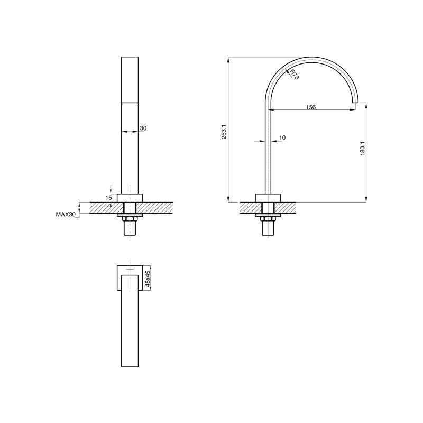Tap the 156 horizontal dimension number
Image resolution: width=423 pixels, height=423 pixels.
click(311, 107)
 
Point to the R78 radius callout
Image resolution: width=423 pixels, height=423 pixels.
click(294, 75)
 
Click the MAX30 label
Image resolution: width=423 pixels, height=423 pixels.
click(66, 215)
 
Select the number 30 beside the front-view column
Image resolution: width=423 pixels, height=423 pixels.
click(143, 128)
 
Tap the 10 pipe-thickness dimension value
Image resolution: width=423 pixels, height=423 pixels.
click(282, 138)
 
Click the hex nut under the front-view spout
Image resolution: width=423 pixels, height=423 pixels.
click(130, 219)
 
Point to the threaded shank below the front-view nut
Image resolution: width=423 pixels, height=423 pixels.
click(130, 229)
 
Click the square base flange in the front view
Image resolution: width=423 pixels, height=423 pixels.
click(130, 198)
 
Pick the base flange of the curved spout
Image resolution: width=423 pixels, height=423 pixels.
click(269, 198)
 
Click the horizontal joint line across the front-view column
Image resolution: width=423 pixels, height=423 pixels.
click(130, 101)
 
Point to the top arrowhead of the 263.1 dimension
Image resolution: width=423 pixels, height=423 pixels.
click(228, 58)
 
